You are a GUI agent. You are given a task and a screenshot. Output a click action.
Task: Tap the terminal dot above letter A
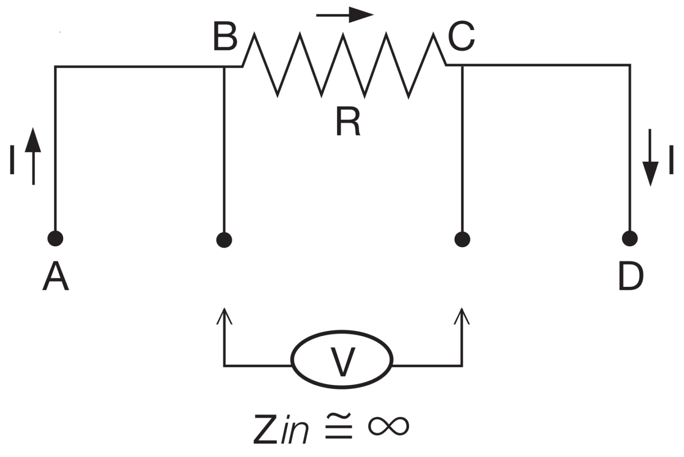point(55,238)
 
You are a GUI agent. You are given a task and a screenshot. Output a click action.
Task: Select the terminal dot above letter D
point(629,238)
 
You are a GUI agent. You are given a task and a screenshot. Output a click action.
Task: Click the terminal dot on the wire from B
point(224,240)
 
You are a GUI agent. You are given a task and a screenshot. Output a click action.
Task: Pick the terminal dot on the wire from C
point(462,239)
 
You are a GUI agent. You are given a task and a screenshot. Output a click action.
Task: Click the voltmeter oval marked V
point(342,359)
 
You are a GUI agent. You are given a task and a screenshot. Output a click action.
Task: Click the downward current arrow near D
point(650,158)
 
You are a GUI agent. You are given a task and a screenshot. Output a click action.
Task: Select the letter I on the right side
point(671,160)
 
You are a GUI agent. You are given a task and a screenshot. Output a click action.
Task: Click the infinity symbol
point(388,426)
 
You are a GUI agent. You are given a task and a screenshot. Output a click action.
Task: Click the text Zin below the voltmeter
point(281,429)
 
